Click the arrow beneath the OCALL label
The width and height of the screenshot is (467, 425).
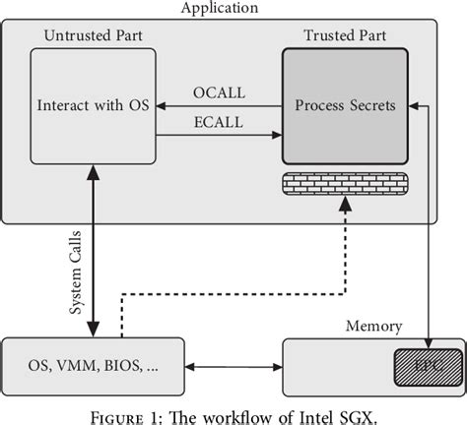pos(220,105)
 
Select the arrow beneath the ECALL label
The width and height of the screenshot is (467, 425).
pos(220,137)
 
